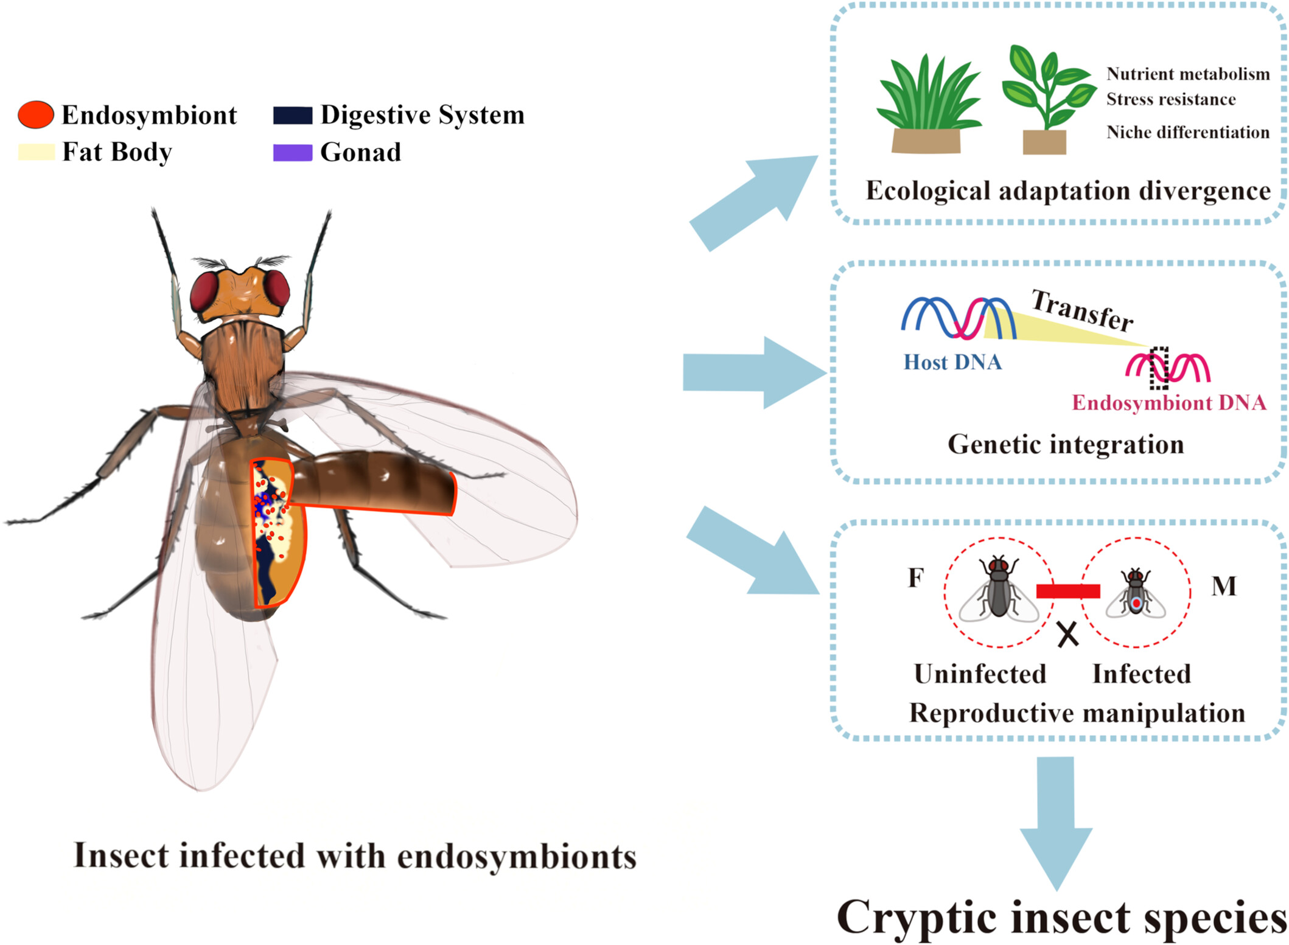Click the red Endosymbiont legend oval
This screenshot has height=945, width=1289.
tap(36, 114)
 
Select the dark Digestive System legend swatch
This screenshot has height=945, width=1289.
tap(293, 115)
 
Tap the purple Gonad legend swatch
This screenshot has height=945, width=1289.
tap(293, 152)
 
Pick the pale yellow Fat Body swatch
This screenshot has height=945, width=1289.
tap(37, 152)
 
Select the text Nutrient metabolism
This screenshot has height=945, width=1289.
tap(1188, 74)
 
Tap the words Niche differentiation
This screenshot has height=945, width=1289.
tap(1188, 132)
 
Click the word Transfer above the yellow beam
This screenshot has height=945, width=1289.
tap(1082, 311)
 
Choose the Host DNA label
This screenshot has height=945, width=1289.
tap(952, 362)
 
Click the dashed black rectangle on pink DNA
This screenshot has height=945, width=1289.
tap(1159, 368)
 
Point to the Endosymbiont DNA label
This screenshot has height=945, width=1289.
tap(1169, 403)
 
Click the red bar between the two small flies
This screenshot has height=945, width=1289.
tap(1068, 591)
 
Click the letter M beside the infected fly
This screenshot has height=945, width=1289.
tap(1224, 586)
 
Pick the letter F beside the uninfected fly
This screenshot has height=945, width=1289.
tap(916, 577)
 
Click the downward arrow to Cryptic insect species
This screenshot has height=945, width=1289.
tap(1056, 823)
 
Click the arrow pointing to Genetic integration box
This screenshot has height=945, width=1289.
tap(755, 372)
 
